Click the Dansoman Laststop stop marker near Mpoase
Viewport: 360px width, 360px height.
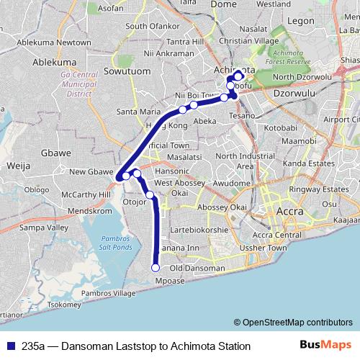(156, 268)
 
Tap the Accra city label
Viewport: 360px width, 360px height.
(292, 213)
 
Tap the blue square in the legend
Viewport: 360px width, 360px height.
(9, 346)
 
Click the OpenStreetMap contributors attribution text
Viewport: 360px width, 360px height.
(293, 322)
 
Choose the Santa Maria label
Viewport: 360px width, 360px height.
(138, 112)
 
